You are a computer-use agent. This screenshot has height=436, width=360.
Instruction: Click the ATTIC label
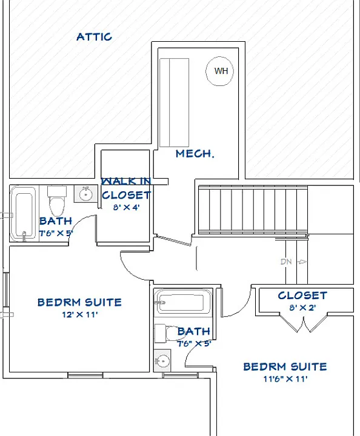94,37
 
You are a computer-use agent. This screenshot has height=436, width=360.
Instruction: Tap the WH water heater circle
219,71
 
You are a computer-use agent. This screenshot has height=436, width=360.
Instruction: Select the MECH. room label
195,153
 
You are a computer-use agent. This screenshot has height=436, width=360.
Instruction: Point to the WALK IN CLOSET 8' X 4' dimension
126,207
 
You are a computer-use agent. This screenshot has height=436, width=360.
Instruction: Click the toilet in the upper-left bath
57,201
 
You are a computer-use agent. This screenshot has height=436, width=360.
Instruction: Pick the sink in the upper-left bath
85,194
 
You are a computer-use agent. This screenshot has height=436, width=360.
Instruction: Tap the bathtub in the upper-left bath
24,214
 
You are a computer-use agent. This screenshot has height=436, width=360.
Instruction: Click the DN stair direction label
286,262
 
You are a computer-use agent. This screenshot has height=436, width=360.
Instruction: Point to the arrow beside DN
302,262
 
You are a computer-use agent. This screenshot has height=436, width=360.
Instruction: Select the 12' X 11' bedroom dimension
80,315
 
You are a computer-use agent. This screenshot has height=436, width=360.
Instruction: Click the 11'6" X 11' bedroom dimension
285,379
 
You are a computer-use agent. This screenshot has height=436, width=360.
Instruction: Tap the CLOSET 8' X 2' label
302,300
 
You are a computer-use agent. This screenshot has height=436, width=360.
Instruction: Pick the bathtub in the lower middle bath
183,302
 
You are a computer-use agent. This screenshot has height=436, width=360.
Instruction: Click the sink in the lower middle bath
162,361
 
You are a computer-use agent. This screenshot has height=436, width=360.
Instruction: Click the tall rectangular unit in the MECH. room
175,102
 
